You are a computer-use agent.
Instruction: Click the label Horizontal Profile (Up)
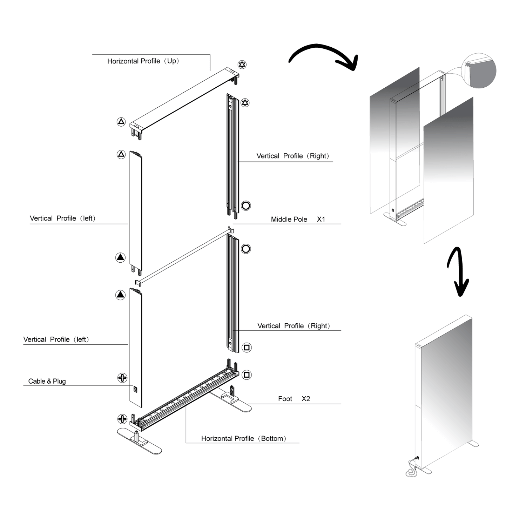click(143, 61)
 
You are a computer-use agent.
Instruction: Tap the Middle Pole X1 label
click(298, 219)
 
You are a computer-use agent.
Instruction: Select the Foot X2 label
click(294, 399)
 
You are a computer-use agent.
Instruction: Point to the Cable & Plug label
click(47, 381)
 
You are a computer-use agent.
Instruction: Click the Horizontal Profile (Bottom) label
click(243, 438)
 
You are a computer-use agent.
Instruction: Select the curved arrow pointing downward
click(458, 272)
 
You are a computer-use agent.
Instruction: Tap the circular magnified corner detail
click(479, 70)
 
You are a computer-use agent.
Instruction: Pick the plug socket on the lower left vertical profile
click(136, 389)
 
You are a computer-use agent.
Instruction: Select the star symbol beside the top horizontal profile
click(242, 65)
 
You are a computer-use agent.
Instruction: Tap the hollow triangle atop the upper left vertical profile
click(121, 154)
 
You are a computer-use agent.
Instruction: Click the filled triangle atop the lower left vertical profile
click(120, 295)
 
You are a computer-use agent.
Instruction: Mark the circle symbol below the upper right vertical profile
click(246, 205)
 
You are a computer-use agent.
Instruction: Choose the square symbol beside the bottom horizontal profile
click(247, 375)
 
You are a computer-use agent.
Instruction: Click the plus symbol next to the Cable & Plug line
click(122, 378)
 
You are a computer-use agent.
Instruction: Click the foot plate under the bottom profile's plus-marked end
click(140, 441)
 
